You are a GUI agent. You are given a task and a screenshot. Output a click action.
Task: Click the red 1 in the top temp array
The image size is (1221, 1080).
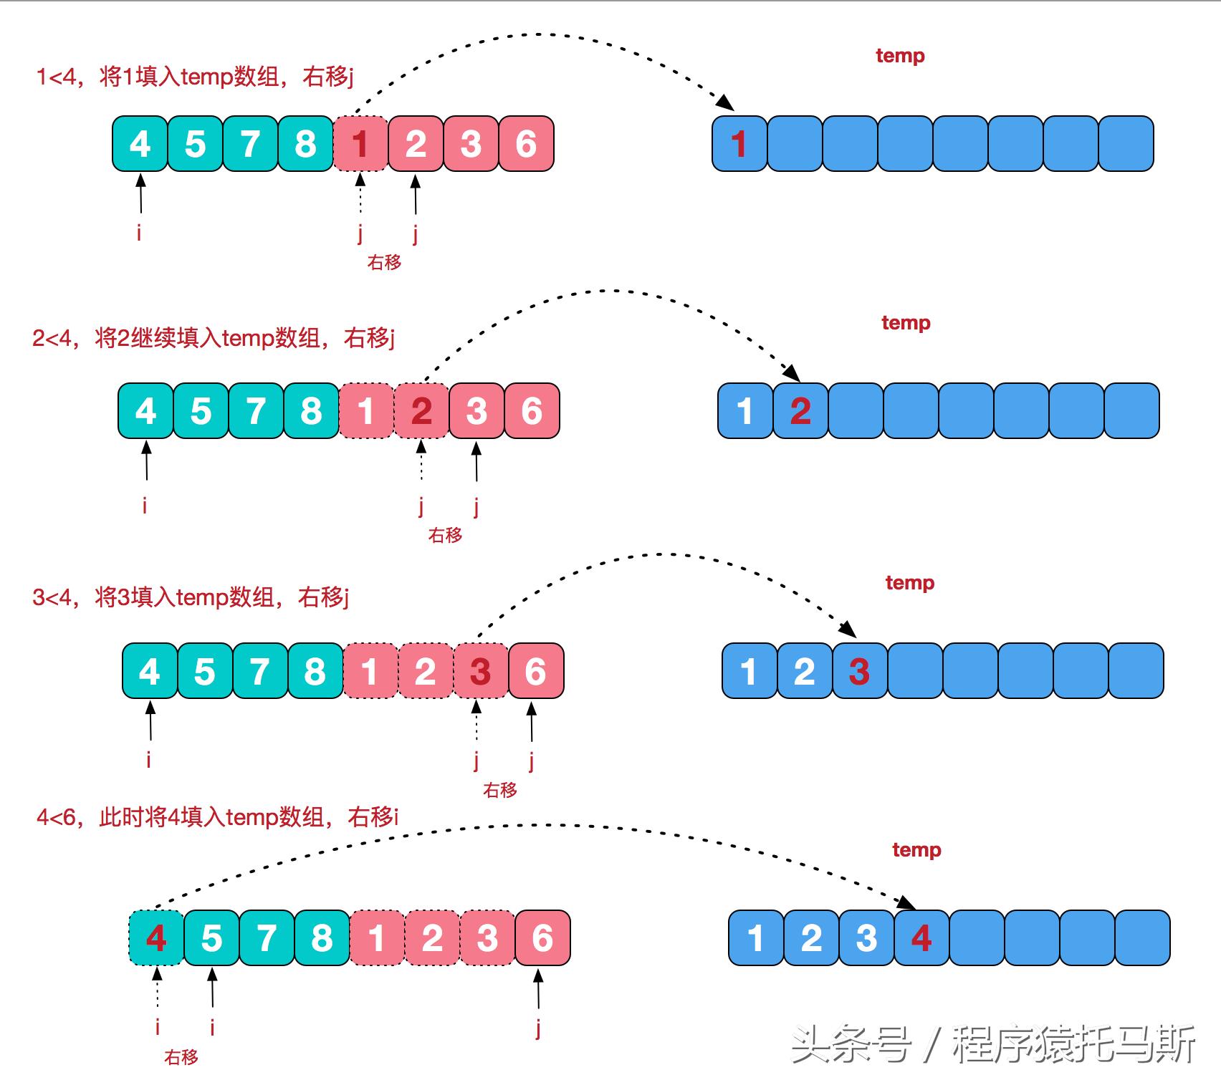point(739,144)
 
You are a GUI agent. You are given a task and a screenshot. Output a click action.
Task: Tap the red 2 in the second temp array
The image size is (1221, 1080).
point(800,411)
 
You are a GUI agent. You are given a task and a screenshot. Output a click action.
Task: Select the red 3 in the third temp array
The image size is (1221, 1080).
point(859,671)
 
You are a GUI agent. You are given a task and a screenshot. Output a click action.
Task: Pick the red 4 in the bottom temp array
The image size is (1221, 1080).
point(921,938)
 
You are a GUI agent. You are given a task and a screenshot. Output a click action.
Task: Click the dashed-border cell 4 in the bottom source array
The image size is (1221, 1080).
point(156,938)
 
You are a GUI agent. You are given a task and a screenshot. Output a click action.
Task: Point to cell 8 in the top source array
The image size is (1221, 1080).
point(305,144)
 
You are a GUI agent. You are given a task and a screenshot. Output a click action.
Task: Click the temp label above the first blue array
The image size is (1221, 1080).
point(900,56)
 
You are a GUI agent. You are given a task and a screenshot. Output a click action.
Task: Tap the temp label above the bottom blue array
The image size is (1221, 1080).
point(916,850)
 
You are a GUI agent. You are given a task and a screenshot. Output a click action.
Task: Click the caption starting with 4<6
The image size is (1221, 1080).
point(217,816)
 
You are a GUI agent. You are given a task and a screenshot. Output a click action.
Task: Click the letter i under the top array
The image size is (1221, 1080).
point(139,232)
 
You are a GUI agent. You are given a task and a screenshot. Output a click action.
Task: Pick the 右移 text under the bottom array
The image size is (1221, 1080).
point(181,1056)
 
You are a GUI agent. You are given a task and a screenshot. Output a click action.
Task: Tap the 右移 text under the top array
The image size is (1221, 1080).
point(384,262)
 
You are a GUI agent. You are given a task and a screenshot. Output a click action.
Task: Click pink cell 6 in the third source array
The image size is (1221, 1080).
point(535,671)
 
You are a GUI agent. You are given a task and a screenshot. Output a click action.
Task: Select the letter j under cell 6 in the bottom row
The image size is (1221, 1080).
point(538,1028)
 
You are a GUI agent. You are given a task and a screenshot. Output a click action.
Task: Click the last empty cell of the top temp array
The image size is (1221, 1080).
point(1126,144)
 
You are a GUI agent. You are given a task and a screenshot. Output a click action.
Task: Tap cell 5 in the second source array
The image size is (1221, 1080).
point(201,411)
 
